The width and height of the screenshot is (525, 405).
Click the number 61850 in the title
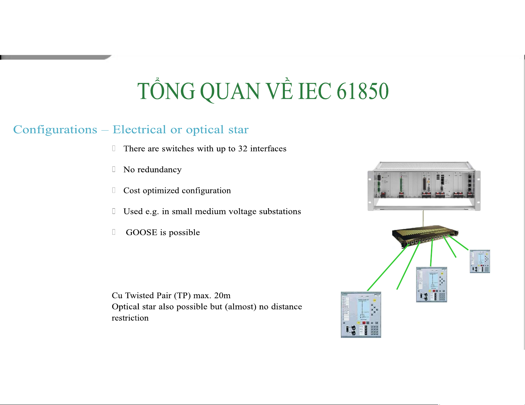(362, 91)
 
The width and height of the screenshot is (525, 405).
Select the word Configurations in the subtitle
(55, 130)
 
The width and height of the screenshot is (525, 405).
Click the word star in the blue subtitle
(238, 130)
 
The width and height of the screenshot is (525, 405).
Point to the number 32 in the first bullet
(242, 149)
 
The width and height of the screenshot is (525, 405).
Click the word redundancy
(159, 170)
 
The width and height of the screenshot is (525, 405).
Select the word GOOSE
(141, 232)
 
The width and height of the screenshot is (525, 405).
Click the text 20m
(222, 296)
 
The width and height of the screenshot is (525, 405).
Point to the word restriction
(130, 318)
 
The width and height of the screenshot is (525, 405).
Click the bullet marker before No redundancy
(114, 169)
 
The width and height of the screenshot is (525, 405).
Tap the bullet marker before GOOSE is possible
(114, 232)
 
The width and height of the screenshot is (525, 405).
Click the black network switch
(425, 236)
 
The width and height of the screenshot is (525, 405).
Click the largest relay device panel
(361, 315)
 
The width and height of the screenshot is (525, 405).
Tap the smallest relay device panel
(480, 261)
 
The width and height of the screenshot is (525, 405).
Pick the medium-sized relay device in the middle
(432, 285)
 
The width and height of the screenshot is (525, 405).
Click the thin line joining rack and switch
(423, 219)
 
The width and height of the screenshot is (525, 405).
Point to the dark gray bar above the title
(56, 58)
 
